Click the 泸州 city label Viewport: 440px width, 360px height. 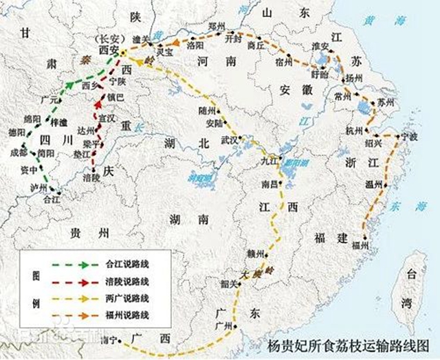coord(39,187)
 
